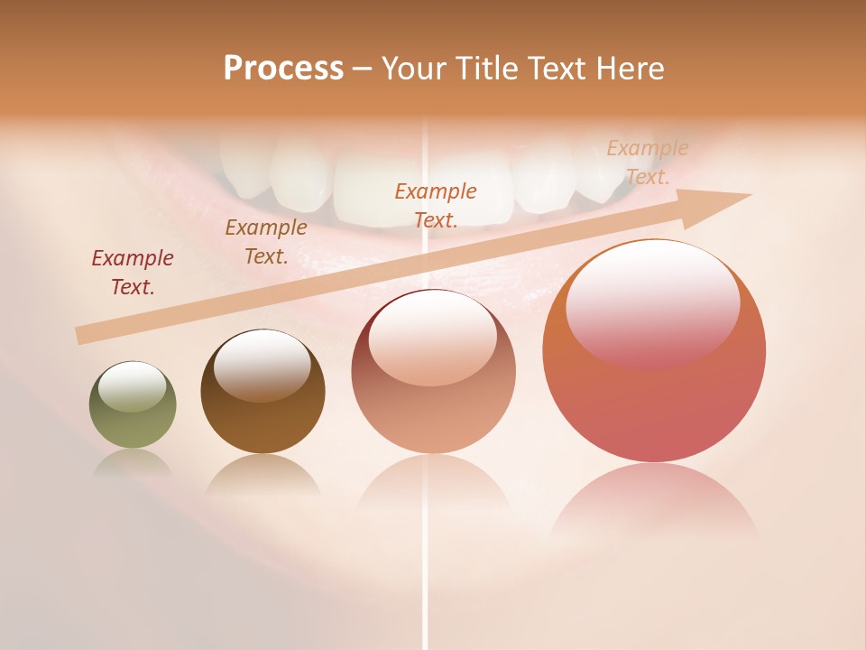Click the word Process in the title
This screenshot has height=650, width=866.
point(283,69)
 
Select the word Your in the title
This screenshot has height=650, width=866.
point(415,69)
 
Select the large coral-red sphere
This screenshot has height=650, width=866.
point(654,397)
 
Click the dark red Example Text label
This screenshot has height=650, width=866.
point(133,272)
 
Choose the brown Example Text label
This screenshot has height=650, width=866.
point(266,241)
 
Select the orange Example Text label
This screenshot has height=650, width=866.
point(436,205)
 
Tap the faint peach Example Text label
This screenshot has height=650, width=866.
point(647,162)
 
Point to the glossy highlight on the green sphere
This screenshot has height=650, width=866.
point(132,386)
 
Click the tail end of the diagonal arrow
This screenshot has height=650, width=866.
point(83,336)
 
